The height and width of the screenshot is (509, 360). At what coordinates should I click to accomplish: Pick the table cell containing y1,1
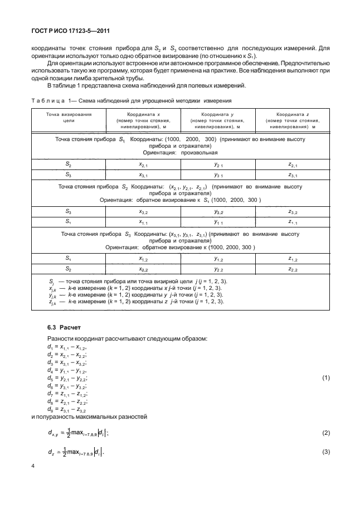coord(218,222)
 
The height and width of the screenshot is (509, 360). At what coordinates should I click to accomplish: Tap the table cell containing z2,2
coord(293,269)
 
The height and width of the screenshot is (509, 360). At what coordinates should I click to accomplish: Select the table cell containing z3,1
coord(293,175)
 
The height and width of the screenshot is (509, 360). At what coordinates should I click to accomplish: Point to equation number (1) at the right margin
coord(327,378)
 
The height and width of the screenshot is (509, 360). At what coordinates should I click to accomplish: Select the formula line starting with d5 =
coord(69,378)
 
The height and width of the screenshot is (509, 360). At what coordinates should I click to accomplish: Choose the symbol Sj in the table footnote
coord(51,281)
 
